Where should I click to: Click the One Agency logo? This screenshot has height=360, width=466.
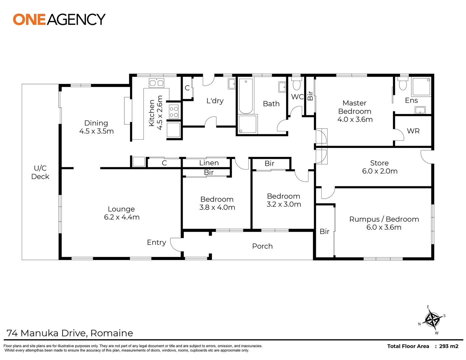[x=59, y=19]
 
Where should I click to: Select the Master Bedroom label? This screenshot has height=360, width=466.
[x=355, y=111]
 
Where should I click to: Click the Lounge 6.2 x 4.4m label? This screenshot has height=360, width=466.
[x=121, y=213]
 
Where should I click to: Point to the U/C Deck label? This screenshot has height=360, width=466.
[x=40, y=172]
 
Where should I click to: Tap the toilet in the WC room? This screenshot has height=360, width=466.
[x=296, y=84]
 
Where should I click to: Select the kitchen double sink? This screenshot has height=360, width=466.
[x=156, y=83]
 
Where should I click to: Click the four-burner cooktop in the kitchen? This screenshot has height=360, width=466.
[x=174, y=111]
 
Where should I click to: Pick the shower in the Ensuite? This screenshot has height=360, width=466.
[x=421, y=87]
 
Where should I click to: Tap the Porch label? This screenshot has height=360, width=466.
[x=262, y=246]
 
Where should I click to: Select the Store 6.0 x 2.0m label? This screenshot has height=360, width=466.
[x=380, y=167]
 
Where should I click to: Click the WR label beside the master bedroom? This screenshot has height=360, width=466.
[x=413, y=131]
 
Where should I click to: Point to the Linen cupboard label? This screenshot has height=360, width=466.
[x=209, y=163]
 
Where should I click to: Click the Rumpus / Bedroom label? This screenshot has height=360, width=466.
[x=384, y=223]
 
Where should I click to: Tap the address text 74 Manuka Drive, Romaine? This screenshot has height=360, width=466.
[x=70, y=333]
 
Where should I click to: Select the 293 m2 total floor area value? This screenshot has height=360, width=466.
[x=449, y=346]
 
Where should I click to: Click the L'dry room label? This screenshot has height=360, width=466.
[x=215, y=101]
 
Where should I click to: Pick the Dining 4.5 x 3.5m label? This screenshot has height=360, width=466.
[x=96, y=127]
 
